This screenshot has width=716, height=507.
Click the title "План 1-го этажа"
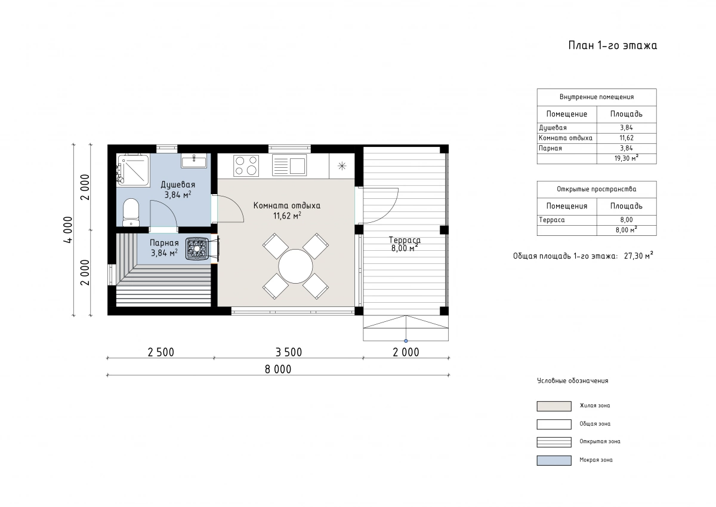point(612,45)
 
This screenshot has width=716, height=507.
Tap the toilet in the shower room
point(131,213)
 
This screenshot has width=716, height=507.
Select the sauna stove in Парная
point(197,248)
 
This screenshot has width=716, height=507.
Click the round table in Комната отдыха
point(295,266)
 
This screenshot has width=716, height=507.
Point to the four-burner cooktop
point(246,165)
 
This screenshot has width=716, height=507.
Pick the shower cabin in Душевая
point(133,170)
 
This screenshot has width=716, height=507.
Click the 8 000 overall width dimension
point(278,370)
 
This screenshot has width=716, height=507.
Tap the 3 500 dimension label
point(289,352)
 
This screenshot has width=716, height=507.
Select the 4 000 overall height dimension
point(69,230)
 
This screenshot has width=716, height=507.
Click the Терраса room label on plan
point(405,240)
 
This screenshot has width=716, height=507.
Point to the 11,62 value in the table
point(626,138)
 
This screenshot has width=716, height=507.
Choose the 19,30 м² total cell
point(626,158)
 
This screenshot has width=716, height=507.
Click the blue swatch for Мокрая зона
point(554,460)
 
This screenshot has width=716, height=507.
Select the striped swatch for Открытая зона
point(554,442)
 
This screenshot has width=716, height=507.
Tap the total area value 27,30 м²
point(638,256)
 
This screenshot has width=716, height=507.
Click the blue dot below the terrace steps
point(406,341)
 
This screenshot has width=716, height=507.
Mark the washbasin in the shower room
point(194,161)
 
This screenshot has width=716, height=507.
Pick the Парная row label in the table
point(550,148)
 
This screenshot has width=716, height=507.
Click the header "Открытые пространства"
point(597,189)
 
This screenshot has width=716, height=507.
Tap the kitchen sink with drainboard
point(289,165)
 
